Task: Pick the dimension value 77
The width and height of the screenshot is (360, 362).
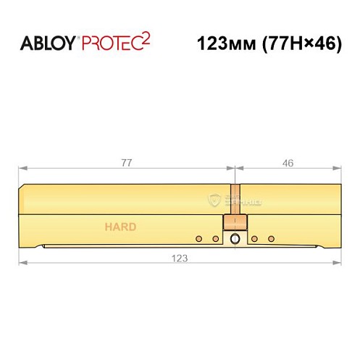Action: click(126, 164)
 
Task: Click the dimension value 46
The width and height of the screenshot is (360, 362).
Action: click(288, 164)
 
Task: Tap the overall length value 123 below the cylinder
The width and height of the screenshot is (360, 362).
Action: click(180, 258)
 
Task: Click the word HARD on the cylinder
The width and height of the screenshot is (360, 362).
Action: click(120, 227)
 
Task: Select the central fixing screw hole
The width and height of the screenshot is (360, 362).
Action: click(234, 239)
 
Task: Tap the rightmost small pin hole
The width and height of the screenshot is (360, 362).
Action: click(272, 238)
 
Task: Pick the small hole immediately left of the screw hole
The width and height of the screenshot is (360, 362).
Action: click(214, 238)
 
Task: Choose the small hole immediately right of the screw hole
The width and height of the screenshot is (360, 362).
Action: click(254, 238)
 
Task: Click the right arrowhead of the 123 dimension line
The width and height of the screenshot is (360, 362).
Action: click(338, 263)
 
